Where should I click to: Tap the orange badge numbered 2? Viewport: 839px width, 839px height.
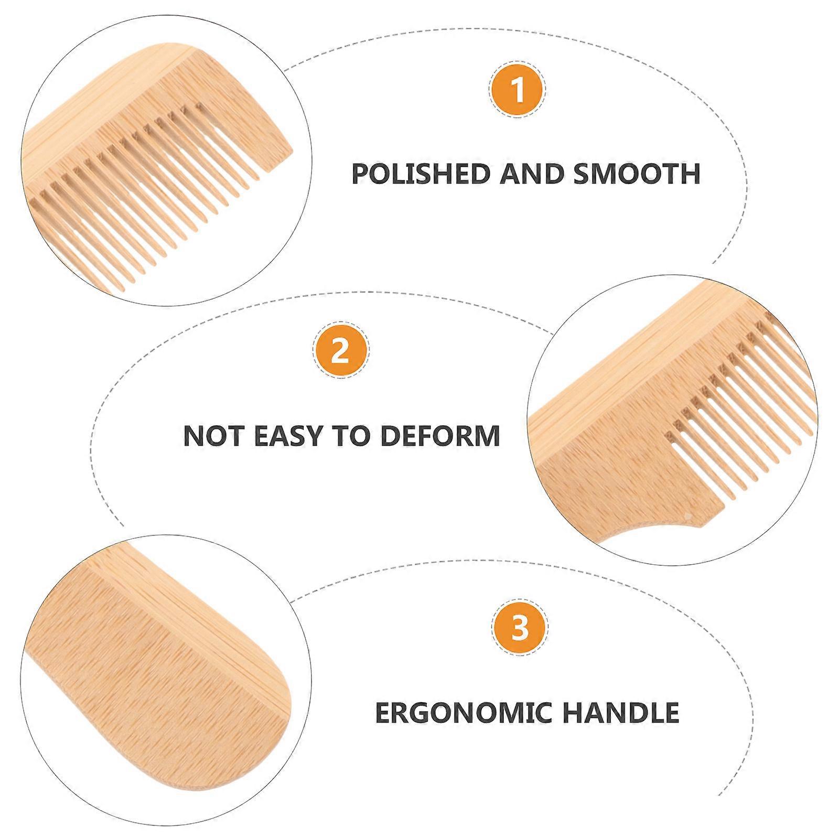point(340,350)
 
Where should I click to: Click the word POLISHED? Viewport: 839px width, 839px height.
point(422,174)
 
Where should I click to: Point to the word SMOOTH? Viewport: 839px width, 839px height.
point(637,174)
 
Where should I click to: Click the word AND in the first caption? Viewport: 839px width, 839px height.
point(532,174)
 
